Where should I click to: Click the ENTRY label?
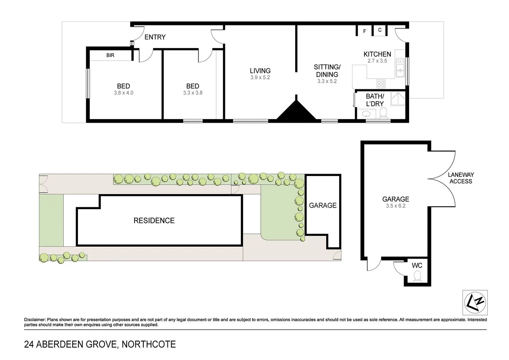click(155, 37)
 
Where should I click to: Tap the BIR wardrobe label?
click(110, 55)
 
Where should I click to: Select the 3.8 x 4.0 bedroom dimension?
click(124, 93)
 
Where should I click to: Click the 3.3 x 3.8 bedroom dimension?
click(193, 93)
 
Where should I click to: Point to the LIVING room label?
click(260, 71)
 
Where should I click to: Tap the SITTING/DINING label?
click(327, 71)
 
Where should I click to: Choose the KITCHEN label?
click(377, 54)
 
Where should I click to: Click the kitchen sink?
click(400, 67)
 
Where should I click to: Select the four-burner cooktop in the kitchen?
click(381, 83)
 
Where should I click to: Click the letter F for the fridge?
click(364, 31)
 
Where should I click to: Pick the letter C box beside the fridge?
click(380, 30)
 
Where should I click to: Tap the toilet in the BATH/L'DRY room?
click(383, 113)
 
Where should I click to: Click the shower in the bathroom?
click(398, 98)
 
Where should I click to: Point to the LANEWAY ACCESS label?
click(461, 178)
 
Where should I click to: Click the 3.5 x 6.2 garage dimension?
click(396, 206)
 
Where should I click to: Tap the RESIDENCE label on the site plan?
click(154, 220)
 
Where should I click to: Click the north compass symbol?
click(475, 302)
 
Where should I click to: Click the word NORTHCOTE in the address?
click(149, 344)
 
